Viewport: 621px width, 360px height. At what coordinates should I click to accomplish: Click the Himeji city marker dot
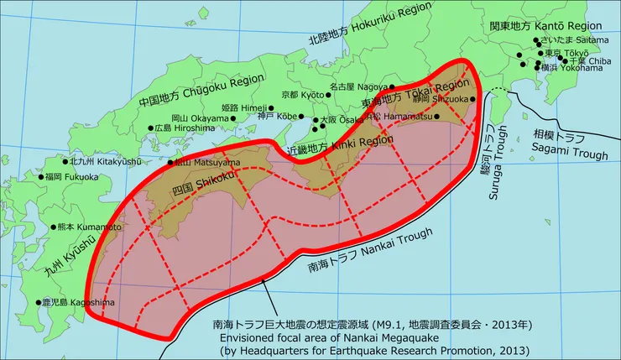(271, 108)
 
